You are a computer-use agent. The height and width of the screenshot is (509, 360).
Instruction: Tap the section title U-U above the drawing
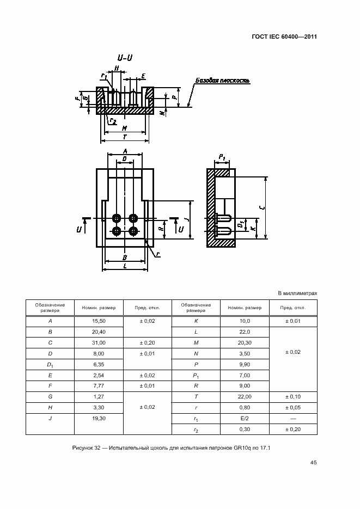coord(124,58)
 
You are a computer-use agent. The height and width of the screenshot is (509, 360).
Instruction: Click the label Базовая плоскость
coord(222,81)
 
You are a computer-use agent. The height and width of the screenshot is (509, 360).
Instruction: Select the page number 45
coord(313,463)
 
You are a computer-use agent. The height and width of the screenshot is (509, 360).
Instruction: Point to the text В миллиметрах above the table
coord(297,293)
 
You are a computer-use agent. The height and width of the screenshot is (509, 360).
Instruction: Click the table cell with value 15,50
coord(99,321)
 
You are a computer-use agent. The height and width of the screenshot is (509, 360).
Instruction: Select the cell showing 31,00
coord(99,343)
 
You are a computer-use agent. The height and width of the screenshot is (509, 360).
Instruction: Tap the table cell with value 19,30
coord(99,419)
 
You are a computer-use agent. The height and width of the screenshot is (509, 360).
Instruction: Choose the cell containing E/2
coord(244,419)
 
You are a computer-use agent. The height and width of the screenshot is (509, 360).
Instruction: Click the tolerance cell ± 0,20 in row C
coord(147,343)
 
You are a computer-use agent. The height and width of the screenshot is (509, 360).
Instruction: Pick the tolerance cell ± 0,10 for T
coord(293,397)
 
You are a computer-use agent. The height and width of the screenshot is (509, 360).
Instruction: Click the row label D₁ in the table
coord(50,365)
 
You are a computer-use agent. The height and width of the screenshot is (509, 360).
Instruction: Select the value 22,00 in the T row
coord(244,397)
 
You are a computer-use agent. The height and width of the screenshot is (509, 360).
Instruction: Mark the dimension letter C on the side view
coord(263,207)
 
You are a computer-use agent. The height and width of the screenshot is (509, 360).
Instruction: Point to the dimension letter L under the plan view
coord(125,265)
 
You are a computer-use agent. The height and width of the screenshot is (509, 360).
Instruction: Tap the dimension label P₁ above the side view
coord(222,157)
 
